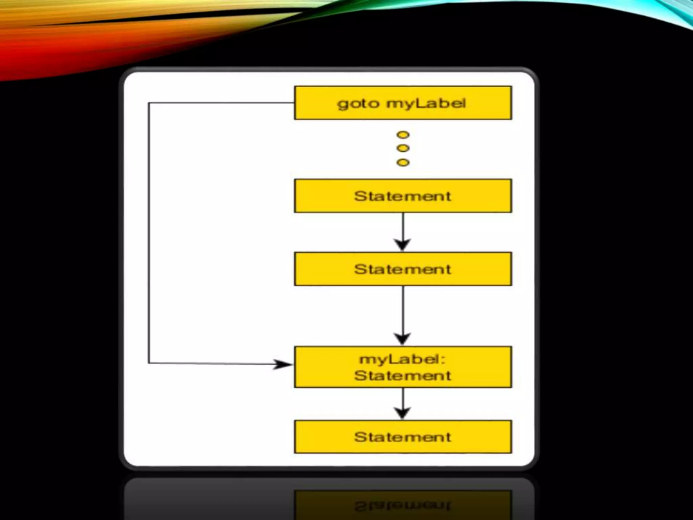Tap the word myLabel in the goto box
pos(426,103)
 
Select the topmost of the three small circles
pos(403,135)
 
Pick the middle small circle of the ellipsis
pos(403,148)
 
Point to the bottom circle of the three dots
pos(403,162)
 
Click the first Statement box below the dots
pos(403,196)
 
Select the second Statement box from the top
pos(403,269)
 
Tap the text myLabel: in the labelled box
pos(403,359)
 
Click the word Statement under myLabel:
pos(403,375)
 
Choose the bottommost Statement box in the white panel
pos(403,437)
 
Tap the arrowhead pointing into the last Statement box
pos(403,413)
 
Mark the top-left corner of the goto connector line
pos(149,103)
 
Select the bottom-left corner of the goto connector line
pos(149,363)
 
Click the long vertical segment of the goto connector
pos(149,234)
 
